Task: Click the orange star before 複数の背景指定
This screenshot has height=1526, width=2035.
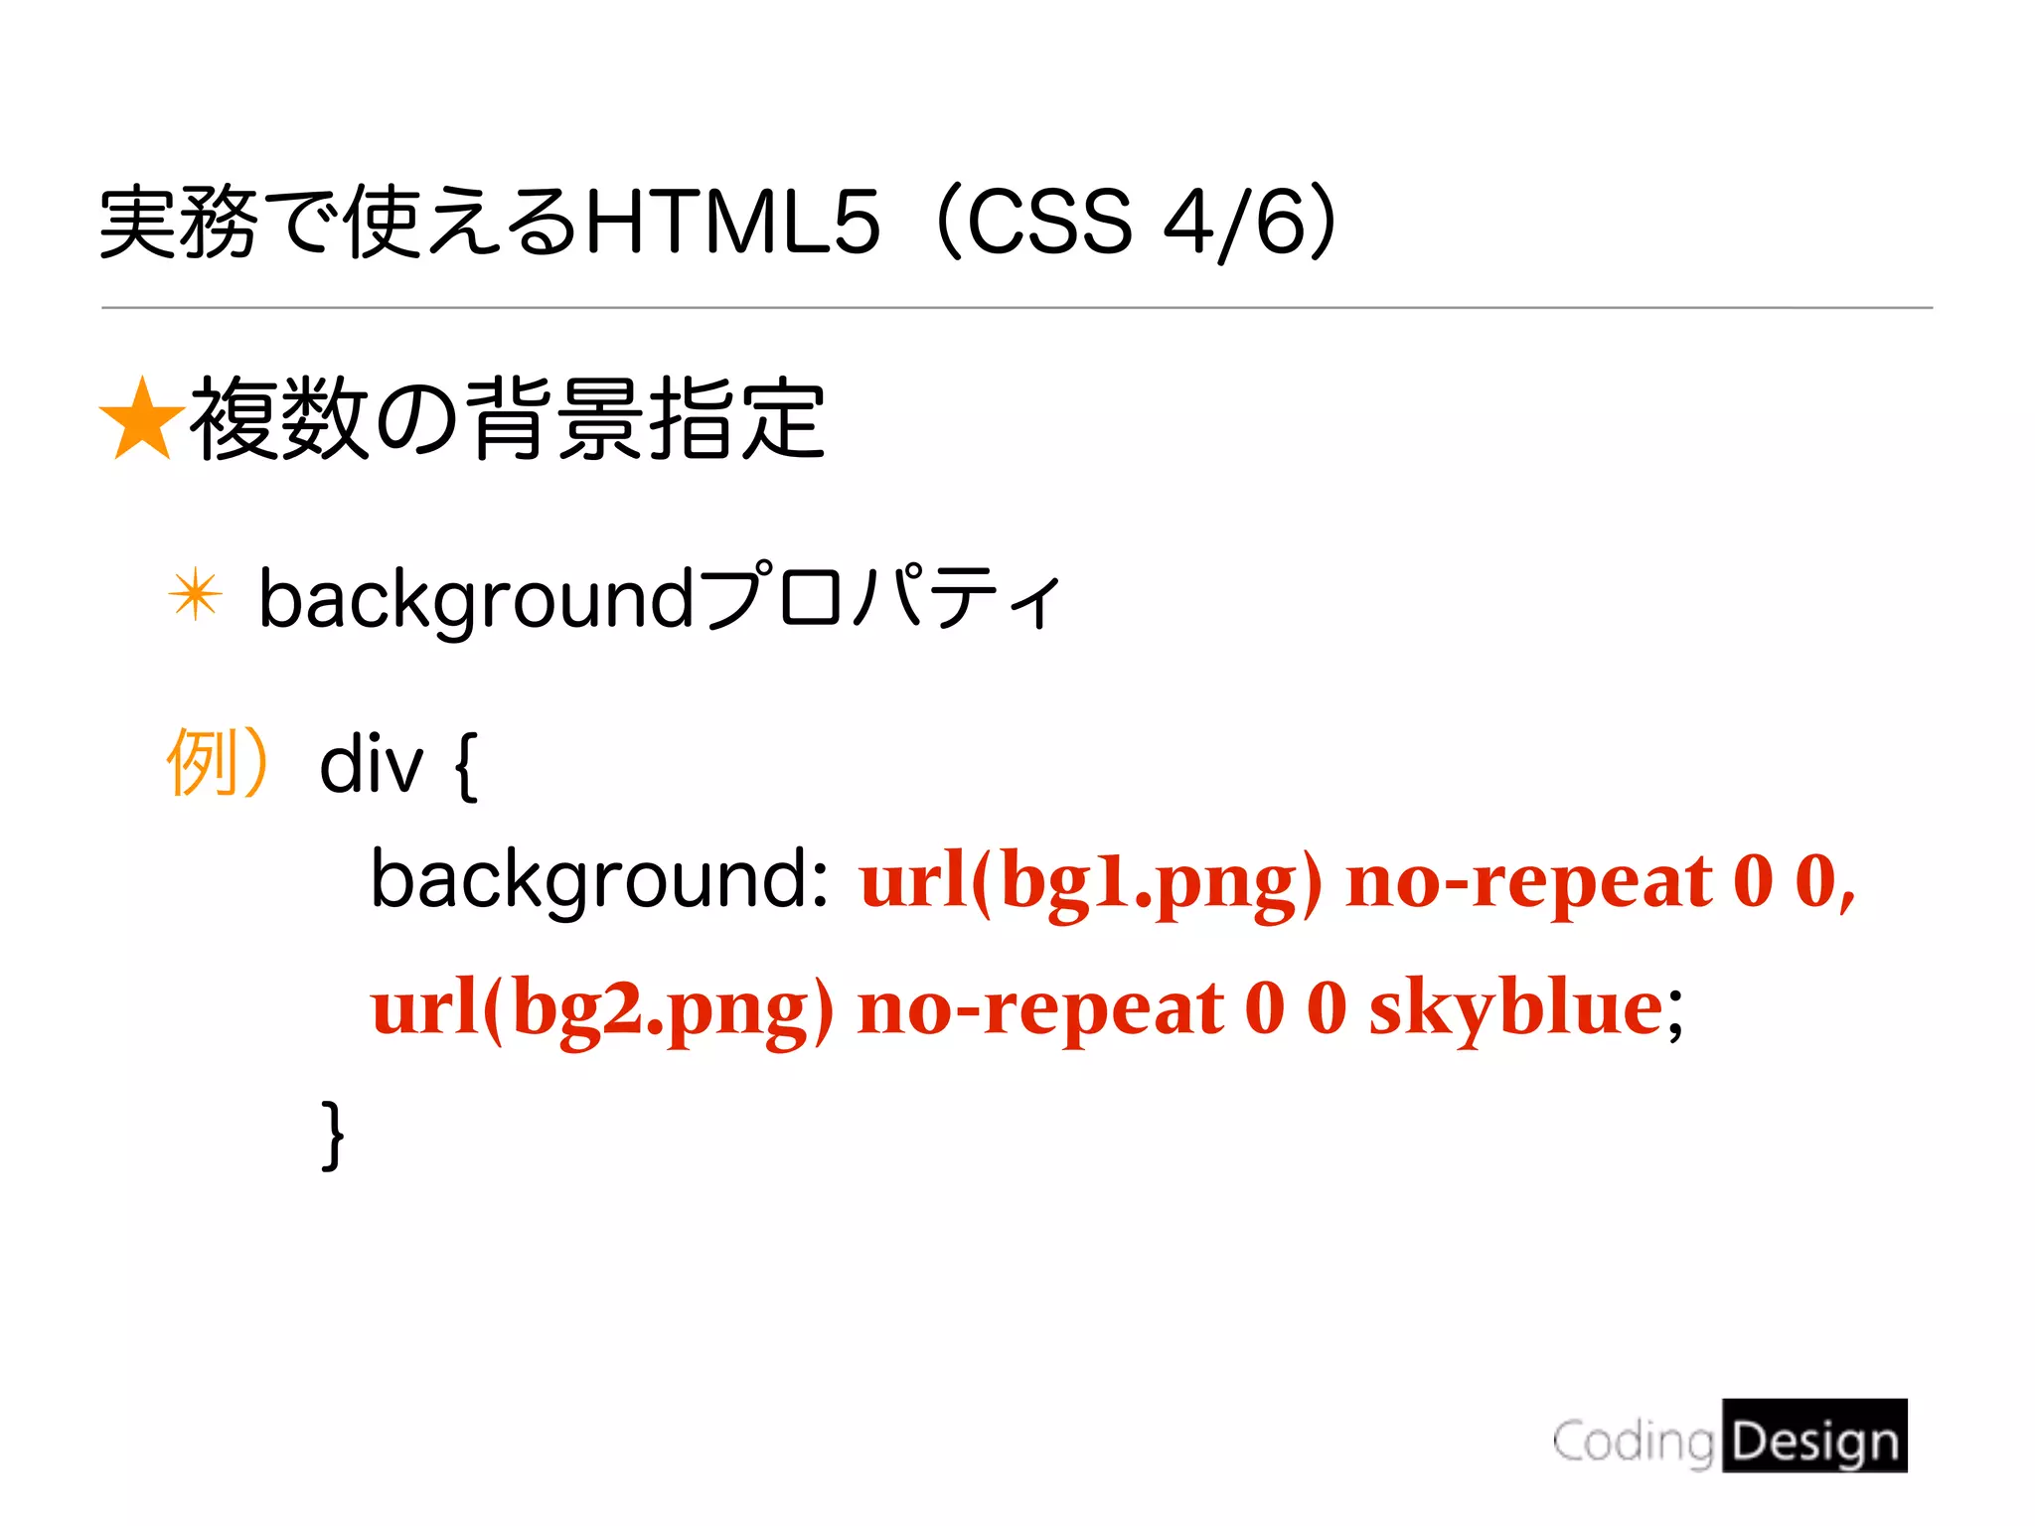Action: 142,420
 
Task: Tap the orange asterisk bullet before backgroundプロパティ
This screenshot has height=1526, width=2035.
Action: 195,595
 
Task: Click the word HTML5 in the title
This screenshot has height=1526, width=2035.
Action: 733,222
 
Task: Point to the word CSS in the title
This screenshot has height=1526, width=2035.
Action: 1048,222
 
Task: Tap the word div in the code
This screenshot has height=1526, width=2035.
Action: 371,765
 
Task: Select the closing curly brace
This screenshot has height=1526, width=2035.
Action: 333,1134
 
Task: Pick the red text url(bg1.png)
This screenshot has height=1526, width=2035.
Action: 1091,883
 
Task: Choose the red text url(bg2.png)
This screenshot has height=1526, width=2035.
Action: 602,1009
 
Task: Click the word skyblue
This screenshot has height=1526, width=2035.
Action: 1515,1009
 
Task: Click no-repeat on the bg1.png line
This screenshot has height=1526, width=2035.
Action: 1528,883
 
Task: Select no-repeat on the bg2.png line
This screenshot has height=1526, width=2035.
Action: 1040,1009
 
